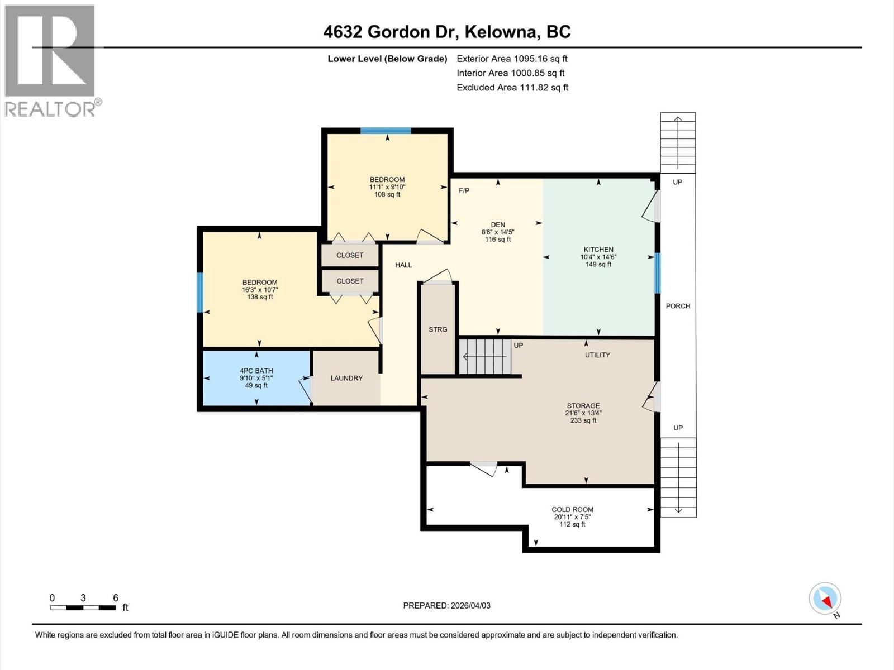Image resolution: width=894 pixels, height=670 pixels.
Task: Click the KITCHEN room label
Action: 598,250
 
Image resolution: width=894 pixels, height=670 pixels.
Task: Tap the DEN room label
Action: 497,225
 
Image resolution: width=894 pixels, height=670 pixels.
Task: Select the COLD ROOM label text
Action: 572,509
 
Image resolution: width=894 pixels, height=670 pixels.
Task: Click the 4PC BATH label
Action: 256,371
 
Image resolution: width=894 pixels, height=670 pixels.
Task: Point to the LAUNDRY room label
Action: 346,378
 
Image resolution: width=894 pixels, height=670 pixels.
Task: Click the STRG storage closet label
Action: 438,329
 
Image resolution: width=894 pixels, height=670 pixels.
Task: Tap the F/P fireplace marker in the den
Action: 464,191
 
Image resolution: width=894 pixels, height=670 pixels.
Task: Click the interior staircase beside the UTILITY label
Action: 485,357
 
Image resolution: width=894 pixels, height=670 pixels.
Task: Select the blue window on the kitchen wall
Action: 657,273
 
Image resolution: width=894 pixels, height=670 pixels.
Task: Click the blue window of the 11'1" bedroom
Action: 386,131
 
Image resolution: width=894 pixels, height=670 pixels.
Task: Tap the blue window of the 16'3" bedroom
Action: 200,292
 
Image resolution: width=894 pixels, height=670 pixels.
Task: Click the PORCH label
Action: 678,306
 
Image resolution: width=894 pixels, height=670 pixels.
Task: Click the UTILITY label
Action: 597,355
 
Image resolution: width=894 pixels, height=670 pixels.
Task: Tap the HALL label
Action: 403,265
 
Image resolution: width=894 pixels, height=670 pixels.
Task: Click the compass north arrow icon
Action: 825,600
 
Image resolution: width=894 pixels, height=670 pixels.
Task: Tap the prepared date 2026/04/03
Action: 447,606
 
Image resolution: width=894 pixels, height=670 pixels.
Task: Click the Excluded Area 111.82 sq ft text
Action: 512,88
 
